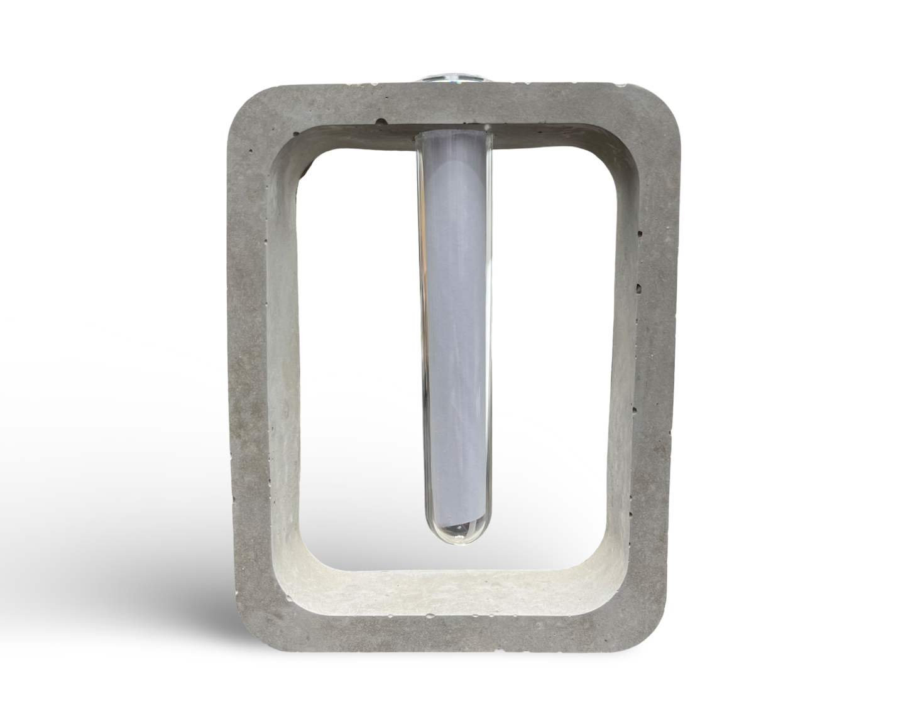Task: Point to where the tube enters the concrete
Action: (x=454, y=133)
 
